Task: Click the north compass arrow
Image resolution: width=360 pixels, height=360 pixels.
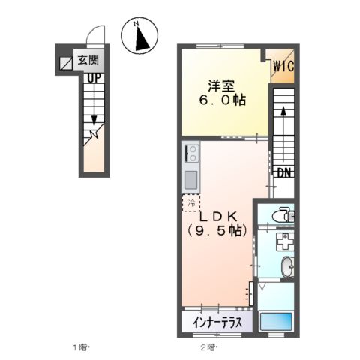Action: pos(139,37)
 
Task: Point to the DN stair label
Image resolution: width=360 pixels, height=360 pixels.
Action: pos(284,173)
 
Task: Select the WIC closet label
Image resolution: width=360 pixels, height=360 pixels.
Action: pos(283,67)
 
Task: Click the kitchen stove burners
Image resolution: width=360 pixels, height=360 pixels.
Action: pos(190,154)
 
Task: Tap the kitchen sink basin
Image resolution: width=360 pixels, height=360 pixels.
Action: pos(190,180)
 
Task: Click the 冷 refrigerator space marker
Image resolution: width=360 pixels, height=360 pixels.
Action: pos(191,202)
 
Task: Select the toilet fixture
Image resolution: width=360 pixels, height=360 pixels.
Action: pos(283,216)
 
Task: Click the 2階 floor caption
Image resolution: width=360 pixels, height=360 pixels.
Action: pos(208,347)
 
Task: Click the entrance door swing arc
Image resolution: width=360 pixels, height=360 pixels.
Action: pos(94,36)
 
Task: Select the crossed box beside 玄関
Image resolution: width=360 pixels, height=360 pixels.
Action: pos(66,62)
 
